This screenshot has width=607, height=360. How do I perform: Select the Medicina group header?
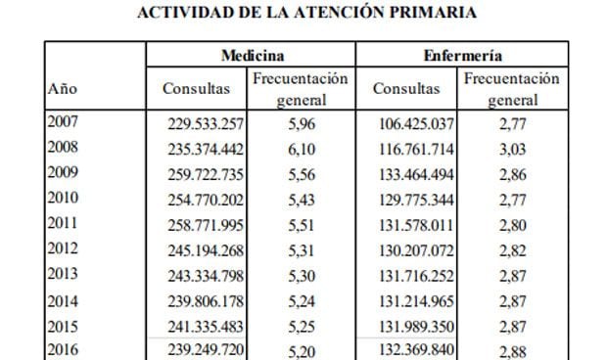click(x=252, y=56)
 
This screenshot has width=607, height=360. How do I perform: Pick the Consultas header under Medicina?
click(x=196, y=88)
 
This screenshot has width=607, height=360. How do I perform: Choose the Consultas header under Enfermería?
click(x=406, y=88)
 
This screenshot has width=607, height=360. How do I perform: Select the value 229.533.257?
click(x=200, y=124)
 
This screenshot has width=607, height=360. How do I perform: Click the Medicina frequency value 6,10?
click(x=301, y=149)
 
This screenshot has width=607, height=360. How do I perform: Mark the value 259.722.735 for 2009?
click(x=200, y=174)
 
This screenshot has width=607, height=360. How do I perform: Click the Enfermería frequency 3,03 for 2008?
click(x=512, y=149)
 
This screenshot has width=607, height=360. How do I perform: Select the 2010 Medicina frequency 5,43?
click(x=301, y=199)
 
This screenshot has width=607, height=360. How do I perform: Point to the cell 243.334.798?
click(x=200, y=274)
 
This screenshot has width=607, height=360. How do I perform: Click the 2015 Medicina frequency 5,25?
click(x=301, y=324)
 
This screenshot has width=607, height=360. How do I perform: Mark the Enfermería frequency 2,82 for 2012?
click(x=512, y=248)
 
